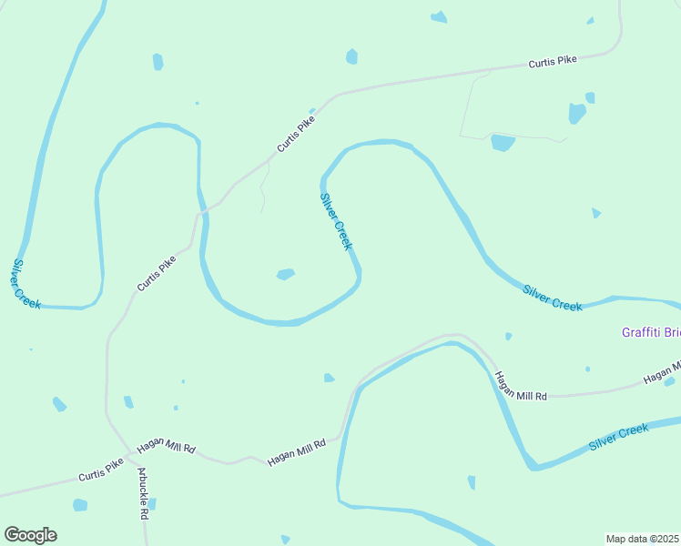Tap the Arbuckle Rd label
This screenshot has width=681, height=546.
tap(143, 493)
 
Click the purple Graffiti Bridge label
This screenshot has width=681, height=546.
tap(650, 332)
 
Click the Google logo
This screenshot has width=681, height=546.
tap(30, 535)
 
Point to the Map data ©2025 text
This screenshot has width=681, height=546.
tap(642, 539)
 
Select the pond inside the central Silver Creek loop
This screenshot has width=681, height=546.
tap(286, 274)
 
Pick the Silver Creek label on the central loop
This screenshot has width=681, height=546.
tap(336, 221)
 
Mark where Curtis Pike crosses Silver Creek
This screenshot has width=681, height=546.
tap(202, 211)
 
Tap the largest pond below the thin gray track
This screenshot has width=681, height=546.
tap(503, 143)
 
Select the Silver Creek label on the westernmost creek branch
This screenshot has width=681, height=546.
tap(26, 284)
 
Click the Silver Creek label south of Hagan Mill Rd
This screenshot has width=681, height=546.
tap(618, 438)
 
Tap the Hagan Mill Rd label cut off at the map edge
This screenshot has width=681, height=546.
tap(661, 372)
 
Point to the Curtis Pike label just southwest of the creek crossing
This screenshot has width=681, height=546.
tap(156, 273)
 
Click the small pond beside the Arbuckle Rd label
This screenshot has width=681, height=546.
tap(152, 503)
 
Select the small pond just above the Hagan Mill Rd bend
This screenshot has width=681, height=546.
tap(329, 378)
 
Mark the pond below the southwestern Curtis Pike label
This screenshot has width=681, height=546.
tap(80, 505)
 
